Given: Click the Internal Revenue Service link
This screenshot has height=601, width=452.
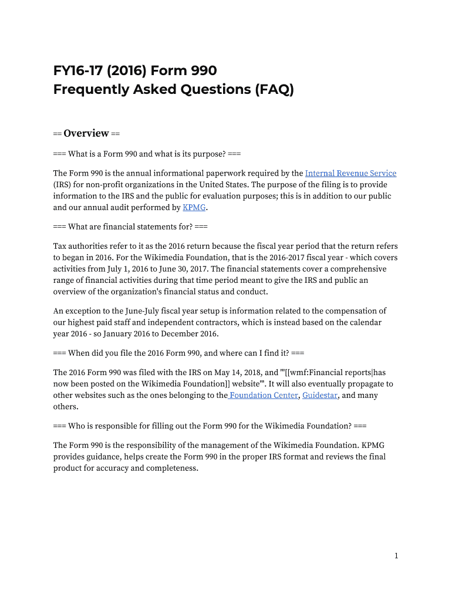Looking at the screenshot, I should pyautogui.click(x=350, y=173).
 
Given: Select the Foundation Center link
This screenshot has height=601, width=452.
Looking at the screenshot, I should pyautogui.click(x=264, y=395).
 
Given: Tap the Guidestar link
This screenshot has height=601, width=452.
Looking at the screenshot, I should pyautogui.click(x=320, y=395).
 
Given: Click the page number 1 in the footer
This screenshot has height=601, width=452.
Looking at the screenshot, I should pyautogui.click(x=396, y=556).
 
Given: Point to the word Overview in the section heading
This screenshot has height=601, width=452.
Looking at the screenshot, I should pyautogui.click(x=86, y=133).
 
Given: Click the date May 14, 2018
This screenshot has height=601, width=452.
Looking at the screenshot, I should pyautogui.click(x=229, y=372).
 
